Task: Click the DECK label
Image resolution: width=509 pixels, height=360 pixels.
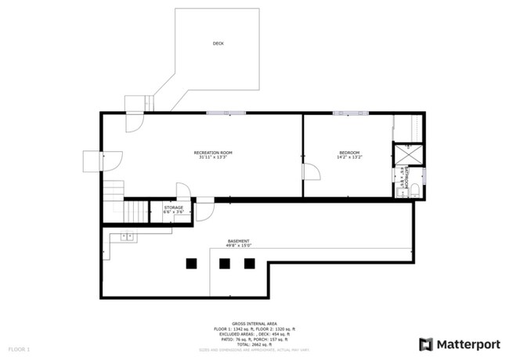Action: (x=218, y=44)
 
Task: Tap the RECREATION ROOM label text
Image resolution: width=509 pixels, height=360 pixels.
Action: (x=213, y=152)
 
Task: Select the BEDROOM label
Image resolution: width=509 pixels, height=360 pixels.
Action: (x=349, y=152)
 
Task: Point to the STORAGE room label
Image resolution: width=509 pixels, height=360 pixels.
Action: (x=174, y=207)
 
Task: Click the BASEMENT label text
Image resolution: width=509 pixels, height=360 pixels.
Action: (x=239, y=241)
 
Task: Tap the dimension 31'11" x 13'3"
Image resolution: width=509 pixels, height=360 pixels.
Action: (x=213, y=157)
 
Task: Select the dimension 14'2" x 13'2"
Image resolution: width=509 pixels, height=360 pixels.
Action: (x=349, y=157)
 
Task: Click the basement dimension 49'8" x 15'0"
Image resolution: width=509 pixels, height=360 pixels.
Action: (x=239, y=246)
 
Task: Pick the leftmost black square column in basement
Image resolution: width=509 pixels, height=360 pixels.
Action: (x=191, y=264)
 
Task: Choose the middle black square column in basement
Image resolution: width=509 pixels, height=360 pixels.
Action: (x=225, y=264)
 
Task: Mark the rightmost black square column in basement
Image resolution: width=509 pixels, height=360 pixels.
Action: (x=250, y=264)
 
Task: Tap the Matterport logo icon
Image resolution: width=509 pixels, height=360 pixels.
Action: (x=426, y=344)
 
